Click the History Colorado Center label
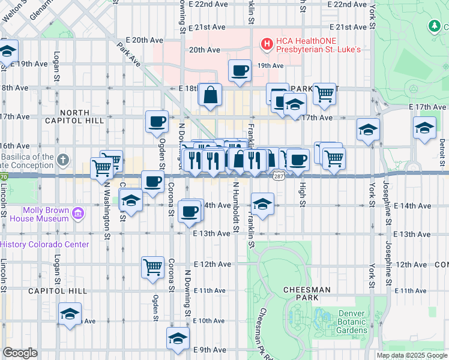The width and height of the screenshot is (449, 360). tap(44, 244)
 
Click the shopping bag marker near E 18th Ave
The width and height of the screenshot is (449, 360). tap(210, 94)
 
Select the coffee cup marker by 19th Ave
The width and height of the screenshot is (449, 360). tap(240, 70)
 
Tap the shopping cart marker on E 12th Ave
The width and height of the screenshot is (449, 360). tap(153, 266)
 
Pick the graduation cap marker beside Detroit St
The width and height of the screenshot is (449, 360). tap(424, 128)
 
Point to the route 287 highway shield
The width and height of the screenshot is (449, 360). tap(280, 176)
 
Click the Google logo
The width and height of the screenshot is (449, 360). tap(20, 353)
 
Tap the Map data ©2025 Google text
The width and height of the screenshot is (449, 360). tap(411, 355)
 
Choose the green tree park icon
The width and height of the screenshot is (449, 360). tap(434, 26)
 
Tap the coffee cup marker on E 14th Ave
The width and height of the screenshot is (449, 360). tap(190, 210)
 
